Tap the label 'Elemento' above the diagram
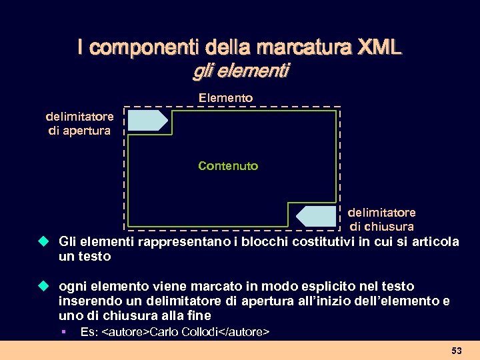(x=226, y=98)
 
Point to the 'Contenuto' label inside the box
(x=228, y=165)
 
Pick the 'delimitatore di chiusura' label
(x=381, y=219)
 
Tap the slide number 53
(x=457, y=350)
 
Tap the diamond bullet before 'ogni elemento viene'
(x=44, y=286)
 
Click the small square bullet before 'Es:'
(x=62, y=331)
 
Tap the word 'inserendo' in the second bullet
(x=86, y=301)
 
